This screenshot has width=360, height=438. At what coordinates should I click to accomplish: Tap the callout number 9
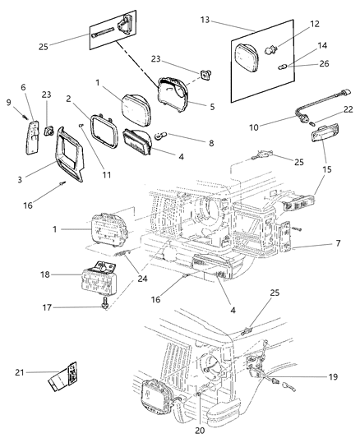(x=9, y=103)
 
